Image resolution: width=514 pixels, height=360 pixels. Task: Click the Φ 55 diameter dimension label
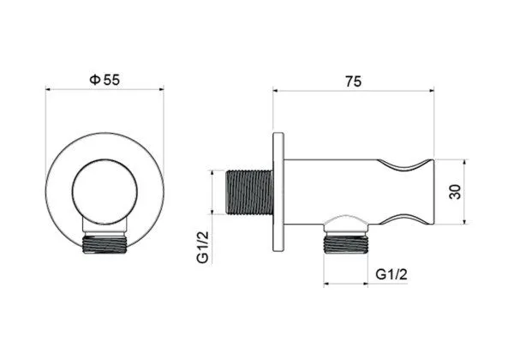(x=105, y=80)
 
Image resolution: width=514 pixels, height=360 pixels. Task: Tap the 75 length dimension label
(x=353, y=81)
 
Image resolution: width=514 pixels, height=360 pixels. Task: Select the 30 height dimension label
(x=455, y=192)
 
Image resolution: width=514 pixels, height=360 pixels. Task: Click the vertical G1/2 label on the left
(x=202, y=247)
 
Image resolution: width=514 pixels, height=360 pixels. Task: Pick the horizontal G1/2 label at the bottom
(x=391, y=274)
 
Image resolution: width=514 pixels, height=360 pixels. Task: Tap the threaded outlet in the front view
(x=105, y=244)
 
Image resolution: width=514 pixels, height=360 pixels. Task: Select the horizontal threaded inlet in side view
(x=250, y=192)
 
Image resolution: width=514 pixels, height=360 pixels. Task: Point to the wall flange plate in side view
(x=278, y=192)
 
